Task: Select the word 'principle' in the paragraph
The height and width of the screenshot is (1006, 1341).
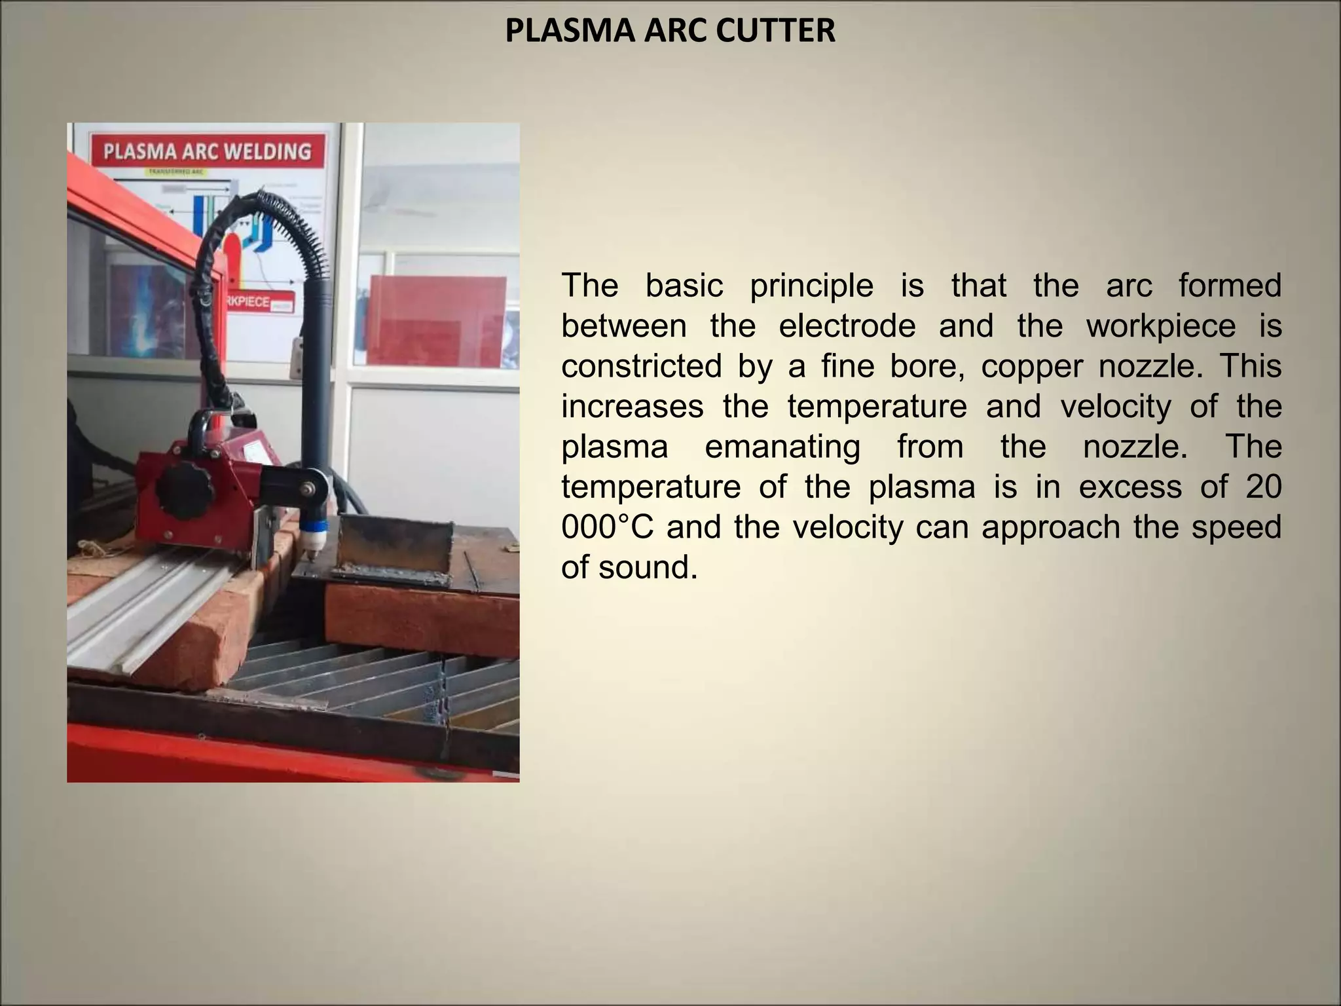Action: click(811, 286)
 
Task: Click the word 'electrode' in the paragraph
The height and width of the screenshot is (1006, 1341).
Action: click(847, 326)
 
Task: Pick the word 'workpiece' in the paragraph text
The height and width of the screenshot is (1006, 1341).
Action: click(1161, 326)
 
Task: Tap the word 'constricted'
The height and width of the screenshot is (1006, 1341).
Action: click(641, 366)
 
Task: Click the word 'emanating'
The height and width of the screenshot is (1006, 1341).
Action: click(782, 447)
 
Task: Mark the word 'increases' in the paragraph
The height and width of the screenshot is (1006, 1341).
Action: click(632, 407)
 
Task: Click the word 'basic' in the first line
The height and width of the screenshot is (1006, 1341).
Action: click(684, 286)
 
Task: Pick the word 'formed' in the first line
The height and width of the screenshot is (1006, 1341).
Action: click(1230, 286)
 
